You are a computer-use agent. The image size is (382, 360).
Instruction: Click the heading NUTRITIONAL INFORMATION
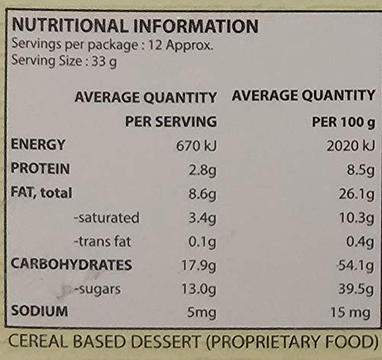(135, 26)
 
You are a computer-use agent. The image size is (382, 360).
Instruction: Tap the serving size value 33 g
(105, 62)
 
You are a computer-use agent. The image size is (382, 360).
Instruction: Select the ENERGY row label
(38, 144)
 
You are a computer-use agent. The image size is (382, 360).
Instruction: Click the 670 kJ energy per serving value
(196, 146)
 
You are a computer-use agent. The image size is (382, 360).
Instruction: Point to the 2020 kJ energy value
(351, 146)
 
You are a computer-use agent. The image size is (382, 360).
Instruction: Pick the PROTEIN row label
(40, 169)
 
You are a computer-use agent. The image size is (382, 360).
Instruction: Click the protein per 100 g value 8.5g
(361, 170)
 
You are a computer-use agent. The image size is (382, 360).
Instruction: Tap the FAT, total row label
(41, 193)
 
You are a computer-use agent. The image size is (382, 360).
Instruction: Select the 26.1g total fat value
(357, 195)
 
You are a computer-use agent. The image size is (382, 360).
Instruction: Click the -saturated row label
(107, 218)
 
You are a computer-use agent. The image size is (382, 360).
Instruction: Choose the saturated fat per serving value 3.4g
(202, 219)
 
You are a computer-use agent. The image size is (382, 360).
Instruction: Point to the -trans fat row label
(102, 242)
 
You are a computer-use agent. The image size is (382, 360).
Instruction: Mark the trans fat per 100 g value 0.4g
(360, 242)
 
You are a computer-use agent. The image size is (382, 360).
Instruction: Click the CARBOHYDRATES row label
(71, 264)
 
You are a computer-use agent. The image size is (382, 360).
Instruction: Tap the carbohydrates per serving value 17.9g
(199, 266)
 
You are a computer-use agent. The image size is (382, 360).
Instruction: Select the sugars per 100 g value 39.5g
(356, 290)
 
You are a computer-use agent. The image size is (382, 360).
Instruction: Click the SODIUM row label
(40, 311)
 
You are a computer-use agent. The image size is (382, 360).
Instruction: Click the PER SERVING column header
(171, 122)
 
